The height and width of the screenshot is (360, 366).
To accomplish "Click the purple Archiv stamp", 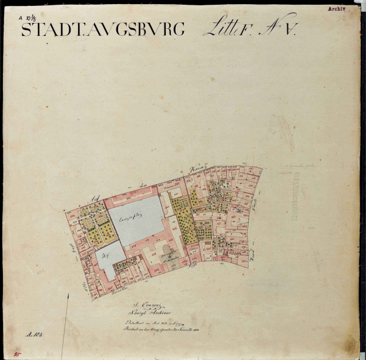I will tap(337, 9).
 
